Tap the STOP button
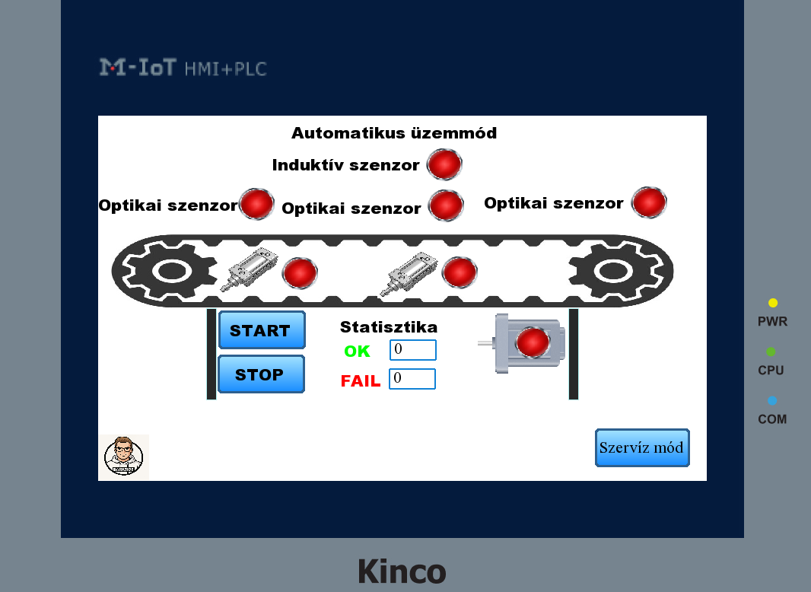261,374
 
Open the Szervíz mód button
642,447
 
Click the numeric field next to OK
413,350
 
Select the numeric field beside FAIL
412,379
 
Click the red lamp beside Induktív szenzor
444,164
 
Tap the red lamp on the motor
532,342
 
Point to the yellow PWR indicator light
773,303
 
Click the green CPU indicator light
771,352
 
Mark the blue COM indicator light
772,400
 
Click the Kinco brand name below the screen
402,571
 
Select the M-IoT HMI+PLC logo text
183,68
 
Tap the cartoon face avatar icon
123,457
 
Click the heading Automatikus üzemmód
394,133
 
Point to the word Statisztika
389,327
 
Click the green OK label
357,352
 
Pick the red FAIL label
361,381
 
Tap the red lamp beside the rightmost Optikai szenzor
649,202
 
